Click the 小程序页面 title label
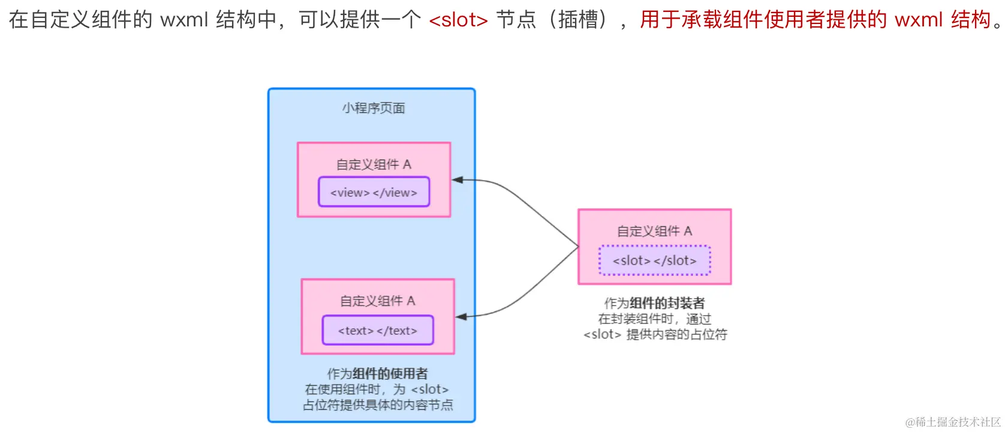374,108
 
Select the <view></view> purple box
374,192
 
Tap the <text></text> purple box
377,330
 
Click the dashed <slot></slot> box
654,260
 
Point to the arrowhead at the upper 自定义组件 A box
458,179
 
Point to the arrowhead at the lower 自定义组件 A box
461,316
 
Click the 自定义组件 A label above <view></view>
374,164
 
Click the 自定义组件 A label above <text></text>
377,301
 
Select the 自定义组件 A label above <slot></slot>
654,231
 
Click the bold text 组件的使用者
390,374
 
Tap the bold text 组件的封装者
667,304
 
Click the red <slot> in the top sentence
458,20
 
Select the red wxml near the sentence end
919,20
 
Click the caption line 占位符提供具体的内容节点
378,405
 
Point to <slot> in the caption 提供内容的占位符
602,334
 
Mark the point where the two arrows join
578,247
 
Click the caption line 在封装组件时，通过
654,319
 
